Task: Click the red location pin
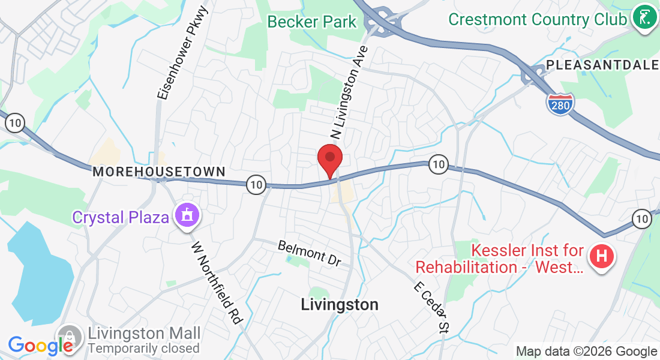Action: point(329,158)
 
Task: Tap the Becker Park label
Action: point(312,22)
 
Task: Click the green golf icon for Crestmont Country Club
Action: point(644,18)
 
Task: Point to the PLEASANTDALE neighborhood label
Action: point(602,65)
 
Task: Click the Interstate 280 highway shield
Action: point(560,103)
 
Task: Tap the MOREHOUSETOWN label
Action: point(158,172)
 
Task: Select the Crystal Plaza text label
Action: point(121,217)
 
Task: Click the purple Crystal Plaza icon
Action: point(186,215)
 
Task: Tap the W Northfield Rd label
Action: point(217,282)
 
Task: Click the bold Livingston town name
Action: point(340,305)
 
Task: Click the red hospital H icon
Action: point(604,257)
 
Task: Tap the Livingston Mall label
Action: point(144,334)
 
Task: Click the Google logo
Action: point(40,346)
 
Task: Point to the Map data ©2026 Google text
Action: point(587,352)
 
